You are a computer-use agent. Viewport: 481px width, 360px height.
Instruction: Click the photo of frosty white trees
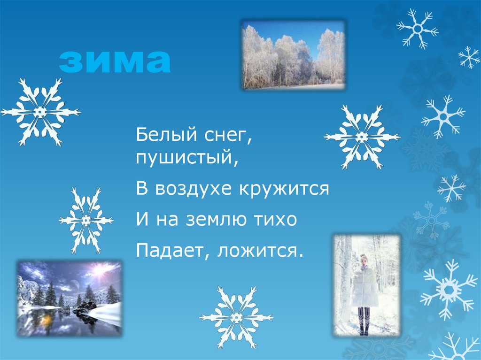point(293,54)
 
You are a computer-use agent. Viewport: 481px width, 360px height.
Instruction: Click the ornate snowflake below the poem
point(236,317)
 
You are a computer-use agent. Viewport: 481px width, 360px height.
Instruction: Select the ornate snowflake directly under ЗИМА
point(40,112)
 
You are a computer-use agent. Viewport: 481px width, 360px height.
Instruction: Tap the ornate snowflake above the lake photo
point(86,220)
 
